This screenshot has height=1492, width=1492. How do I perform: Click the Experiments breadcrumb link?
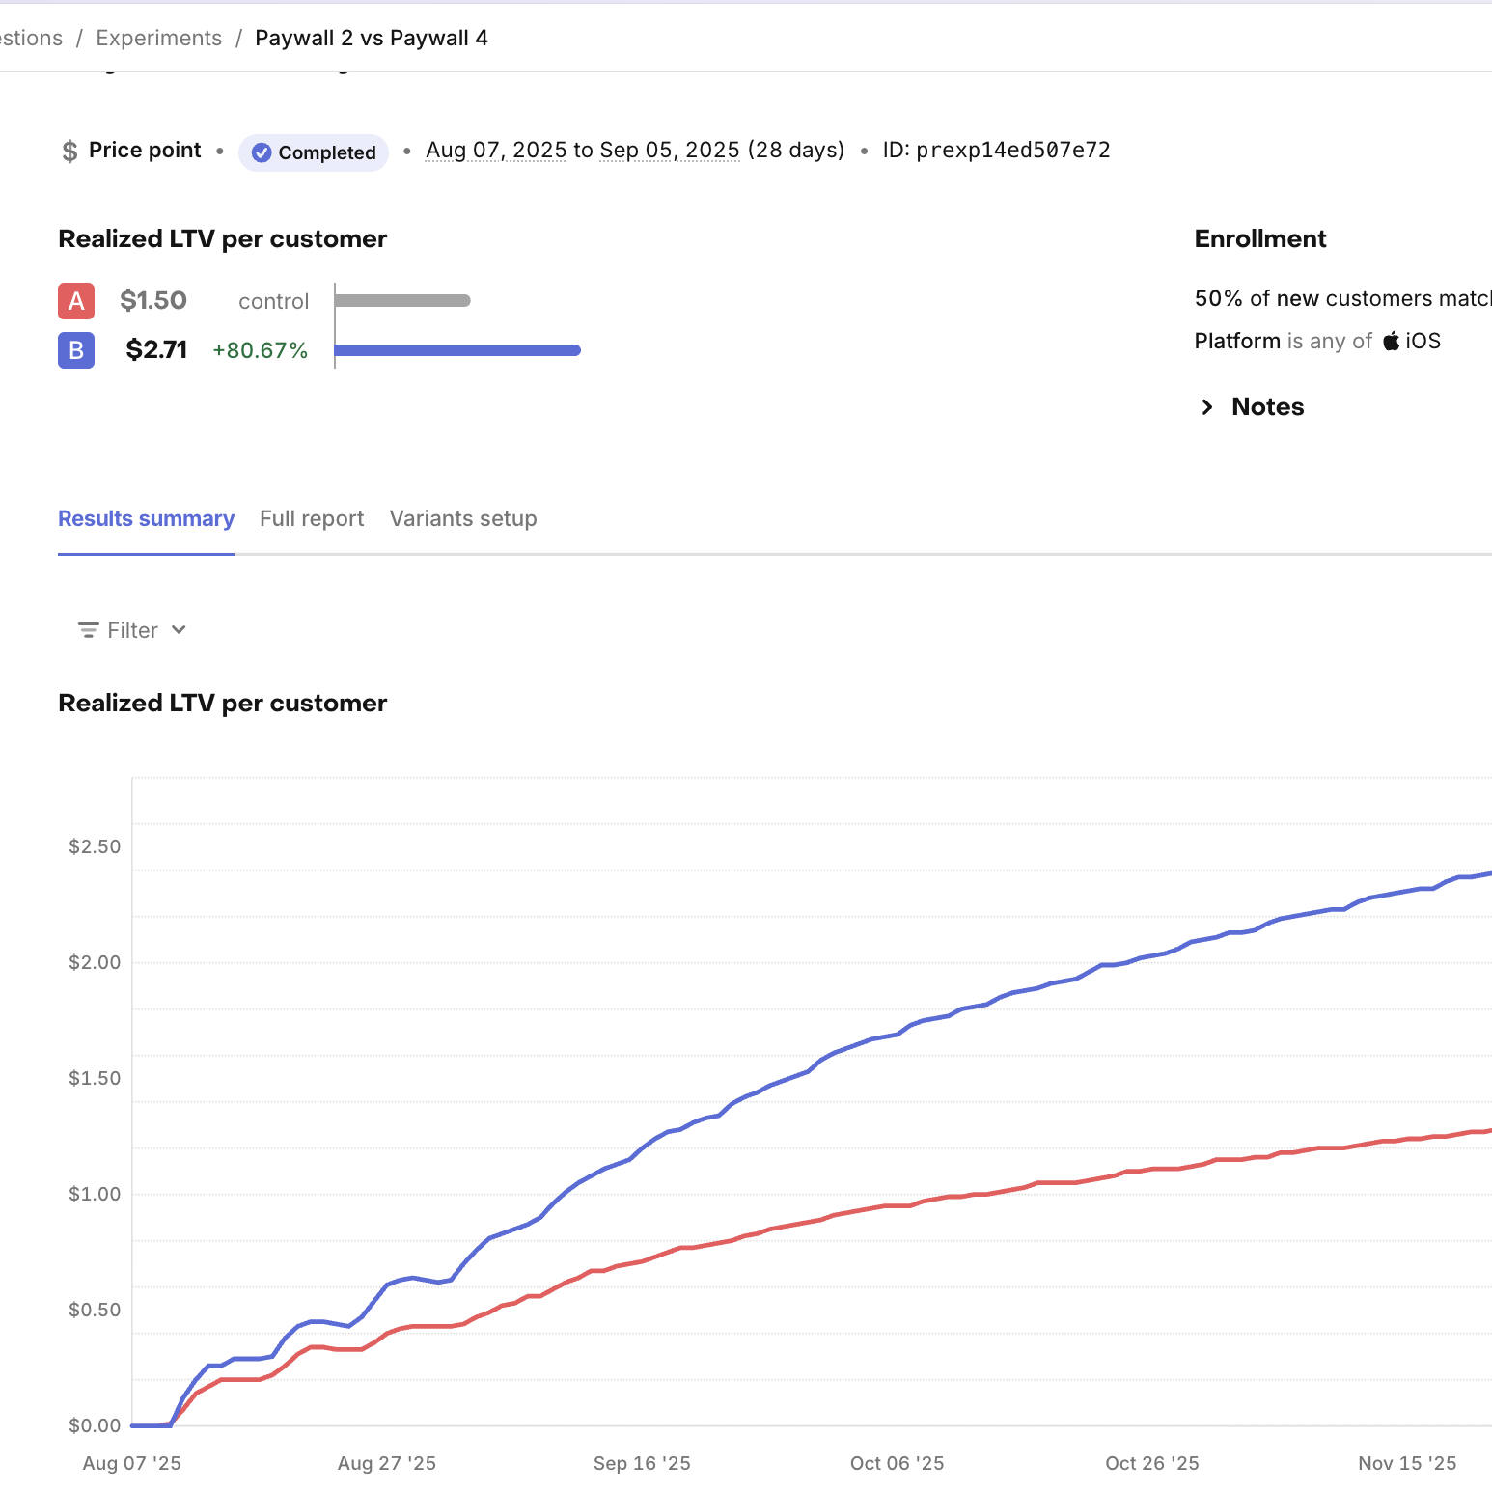pos(158,39)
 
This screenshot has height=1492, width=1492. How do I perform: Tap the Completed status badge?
pos(314,152)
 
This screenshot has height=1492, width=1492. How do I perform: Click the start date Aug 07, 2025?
pos(496,151)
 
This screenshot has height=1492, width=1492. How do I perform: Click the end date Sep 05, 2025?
pos(669,151)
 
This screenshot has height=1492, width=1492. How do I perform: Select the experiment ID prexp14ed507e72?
pos(1012,151)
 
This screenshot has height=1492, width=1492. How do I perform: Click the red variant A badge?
pos(76,301)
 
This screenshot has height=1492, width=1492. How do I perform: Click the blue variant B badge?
pos(76,350)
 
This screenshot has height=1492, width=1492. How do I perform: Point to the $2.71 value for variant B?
pos(156,350)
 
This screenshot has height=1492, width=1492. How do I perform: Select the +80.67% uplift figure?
pos(260,350)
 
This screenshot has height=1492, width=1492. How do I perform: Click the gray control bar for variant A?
pos(402,301)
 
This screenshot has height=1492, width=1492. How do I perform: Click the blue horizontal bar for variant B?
pos(457,350)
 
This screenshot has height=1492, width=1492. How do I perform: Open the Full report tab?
pos(312,519)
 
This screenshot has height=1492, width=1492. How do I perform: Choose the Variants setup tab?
pos(463,519)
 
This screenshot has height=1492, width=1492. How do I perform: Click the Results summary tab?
pos(146,519)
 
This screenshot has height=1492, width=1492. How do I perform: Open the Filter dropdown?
pos(132,630)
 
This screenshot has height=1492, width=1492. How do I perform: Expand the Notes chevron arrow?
pos(1206,407)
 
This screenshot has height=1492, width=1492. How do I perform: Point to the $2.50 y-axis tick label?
pos(95,846)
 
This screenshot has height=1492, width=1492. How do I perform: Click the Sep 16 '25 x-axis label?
pos(642,1463)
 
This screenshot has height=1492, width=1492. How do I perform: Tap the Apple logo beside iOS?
pos(1391,341)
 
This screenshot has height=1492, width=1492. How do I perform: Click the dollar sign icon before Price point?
pos(69,152)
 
